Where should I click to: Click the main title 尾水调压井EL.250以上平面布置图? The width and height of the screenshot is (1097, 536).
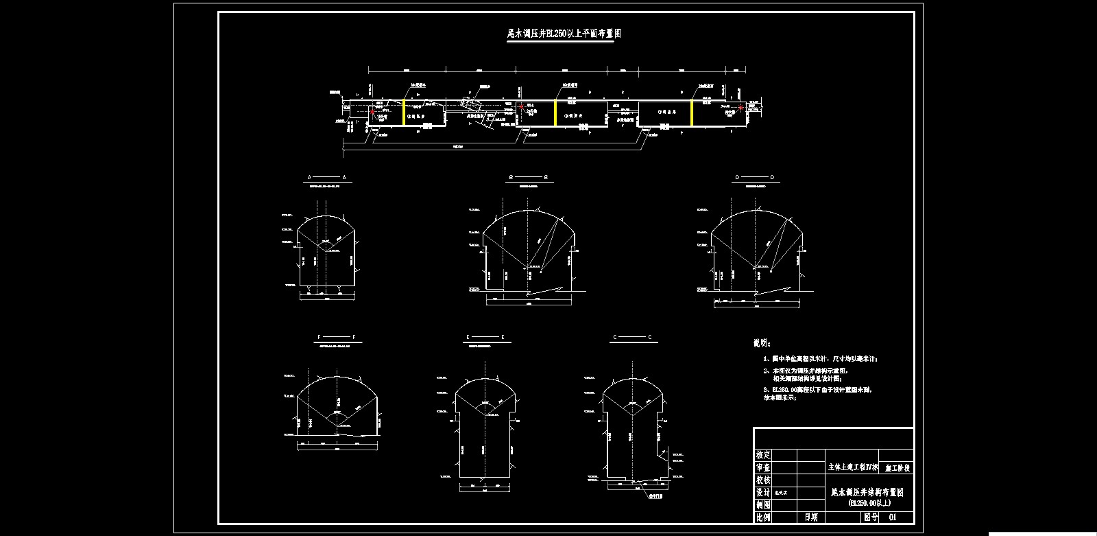(564, 33)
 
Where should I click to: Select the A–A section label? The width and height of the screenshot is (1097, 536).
(327, 177)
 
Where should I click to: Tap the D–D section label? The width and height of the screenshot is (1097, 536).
(755, 177)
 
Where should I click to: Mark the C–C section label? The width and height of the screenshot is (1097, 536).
(632, 338)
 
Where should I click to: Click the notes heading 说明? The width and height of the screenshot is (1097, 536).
(762, 342)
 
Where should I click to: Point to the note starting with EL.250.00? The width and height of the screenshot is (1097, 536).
(820, 389)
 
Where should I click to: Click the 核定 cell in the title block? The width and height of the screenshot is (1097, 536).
(763, 455)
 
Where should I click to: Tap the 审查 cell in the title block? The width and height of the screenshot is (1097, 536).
(763, 467)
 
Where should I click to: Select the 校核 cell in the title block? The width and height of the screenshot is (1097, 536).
(763, 480)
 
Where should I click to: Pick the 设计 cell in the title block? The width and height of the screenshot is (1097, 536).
(763, 492)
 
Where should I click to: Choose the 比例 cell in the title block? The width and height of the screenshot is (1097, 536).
(763, 517)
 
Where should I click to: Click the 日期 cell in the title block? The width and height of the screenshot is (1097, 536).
(811, 517)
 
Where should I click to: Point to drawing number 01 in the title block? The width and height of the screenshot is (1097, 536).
(892, 517)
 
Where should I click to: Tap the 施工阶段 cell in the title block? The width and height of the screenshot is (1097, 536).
(897, 467)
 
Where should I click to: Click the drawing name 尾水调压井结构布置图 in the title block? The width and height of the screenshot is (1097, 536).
(867, 492)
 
